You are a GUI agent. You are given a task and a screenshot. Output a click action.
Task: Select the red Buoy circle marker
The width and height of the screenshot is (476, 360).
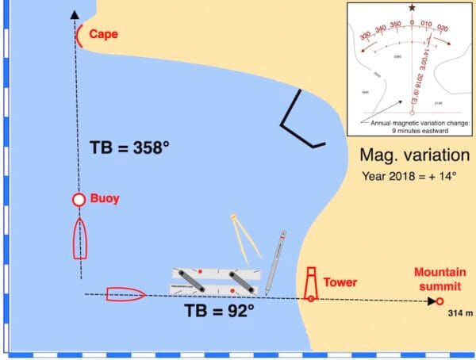[x=79, y=201]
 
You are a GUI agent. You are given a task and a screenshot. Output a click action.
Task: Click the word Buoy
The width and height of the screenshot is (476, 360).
[x=106, y=199]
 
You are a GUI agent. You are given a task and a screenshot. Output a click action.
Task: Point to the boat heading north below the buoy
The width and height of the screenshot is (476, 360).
[x=79, y=239]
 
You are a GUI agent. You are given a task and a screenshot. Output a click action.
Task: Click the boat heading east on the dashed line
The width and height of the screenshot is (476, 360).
[x=125, y=294]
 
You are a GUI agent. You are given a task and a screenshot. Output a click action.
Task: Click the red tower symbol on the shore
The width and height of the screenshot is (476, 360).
[x=312, y=284]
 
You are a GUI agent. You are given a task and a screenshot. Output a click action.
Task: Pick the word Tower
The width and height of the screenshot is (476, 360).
[x=341, y=281]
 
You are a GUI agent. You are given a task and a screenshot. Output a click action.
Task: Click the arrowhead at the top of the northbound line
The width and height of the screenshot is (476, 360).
[x=75, y=13]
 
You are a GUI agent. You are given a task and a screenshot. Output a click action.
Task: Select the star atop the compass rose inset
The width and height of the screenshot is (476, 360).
[x=411, y=8]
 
